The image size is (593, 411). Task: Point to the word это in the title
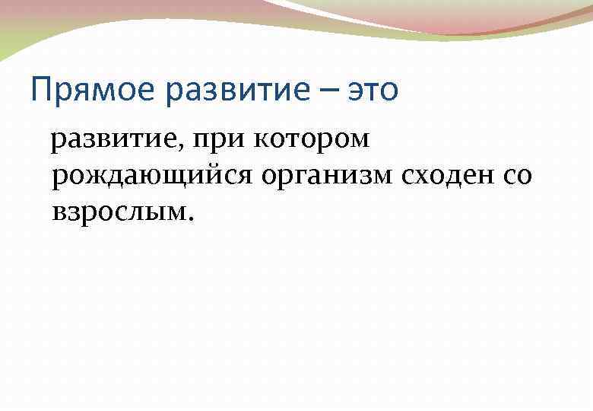[x=373, y=91]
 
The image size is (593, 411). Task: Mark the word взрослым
[x=120, y=213]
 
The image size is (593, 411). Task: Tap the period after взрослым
[x=191, y=219]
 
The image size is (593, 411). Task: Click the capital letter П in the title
[x=41, y=91]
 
